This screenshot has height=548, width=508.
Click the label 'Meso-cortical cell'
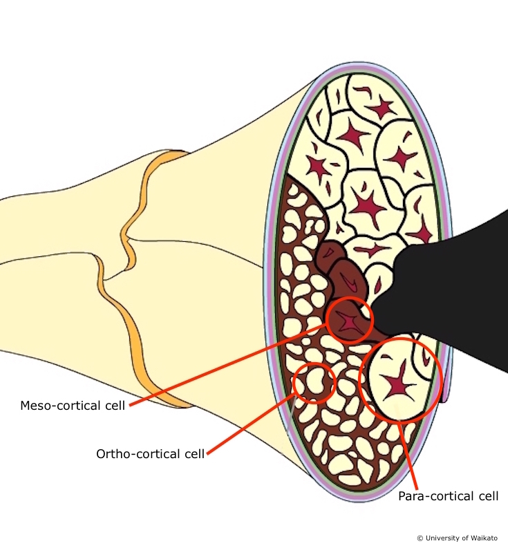(73, 405)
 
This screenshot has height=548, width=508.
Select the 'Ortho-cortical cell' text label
(150, 453)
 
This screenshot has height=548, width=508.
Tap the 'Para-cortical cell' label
(448, 495)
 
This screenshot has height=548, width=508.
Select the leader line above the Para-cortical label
(408, 453)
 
